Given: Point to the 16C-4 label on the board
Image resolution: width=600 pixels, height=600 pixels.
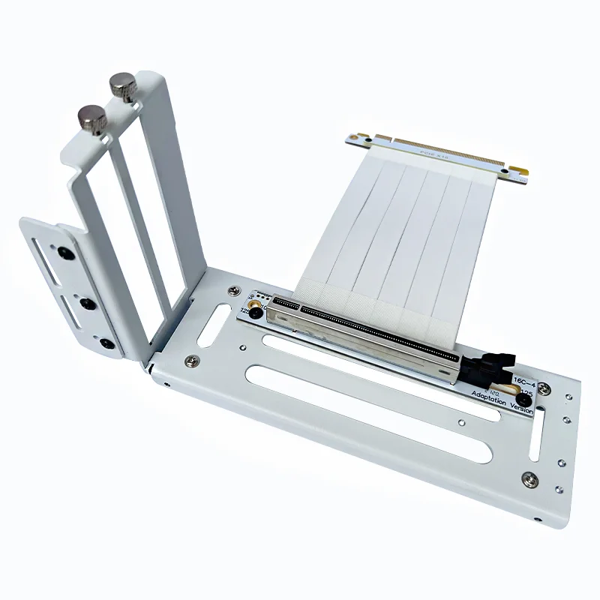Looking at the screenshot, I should pyautogui.click(x=523, y=381).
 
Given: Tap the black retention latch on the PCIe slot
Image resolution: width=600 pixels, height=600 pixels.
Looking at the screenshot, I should pyautogui.click(x=485, y=367).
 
